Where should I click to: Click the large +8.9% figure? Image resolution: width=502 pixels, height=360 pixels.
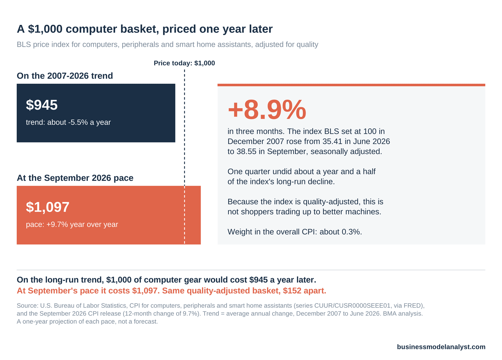point(267,110)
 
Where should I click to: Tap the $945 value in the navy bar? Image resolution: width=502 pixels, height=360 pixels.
point(42,105)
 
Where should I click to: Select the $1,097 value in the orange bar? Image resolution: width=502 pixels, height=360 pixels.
point(47,207)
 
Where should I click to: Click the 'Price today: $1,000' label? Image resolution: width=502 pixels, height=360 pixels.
point(184,63)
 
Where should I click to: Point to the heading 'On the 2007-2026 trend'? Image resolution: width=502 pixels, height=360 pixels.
point(65,76)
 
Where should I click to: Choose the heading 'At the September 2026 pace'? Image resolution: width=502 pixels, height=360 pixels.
point(75,178)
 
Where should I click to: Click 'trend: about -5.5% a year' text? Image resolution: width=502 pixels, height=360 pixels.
point(68,122)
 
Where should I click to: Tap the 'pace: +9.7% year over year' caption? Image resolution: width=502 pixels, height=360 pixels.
point(72,224)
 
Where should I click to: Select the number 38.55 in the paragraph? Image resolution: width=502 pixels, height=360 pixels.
point(246,151)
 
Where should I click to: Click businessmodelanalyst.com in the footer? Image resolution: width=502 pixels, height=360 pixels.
point(441,347)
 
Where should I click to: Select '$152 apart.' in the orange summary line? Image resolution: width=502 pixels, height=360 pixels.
point(305,291)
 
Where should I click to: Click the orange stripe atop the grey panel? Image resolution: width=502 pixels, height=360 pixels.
point(351,85)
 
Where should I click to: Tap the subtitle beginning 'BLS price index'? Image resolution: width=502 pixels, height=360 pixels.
point(167,44)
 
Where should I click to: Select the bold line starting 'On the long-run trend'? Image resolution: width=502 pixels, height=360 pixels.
point(166,280)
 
